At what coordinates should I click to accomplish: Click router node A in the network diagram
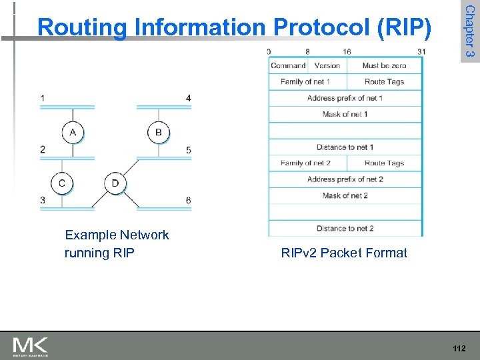point(73,133)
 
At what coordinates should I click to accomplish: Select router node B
point(158,133)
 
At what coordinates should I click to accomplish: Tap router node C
point(62,183)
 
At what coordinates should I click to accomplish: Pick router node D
point(115,183)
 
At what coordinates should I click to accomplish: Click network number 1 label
point(43,99)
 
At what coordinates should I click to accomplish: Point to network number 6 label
point(189,201)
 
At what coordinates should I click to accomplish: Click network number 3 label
point(43,200)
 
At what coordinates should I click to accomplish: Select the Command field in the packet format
point(288,65)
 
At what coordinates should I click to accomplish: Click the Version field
point(327,65)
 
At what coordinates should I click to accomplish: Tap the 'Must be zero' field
point(385,65)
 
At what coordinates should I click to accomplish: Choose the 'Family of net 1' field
point(305,81)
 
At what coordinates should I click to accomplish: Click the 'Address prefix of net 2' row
point(345,179)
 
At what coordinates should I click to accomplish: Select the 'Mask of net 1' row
point(345,114)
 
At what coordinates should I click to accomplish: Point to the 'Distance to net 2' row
point(345,228)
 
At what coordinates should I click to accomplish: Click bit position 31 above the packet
point(421,51)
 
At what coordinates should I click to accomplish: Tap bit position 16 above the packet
point(347,51)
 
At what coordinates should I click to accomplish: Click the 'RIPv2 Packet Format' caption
point(344,253)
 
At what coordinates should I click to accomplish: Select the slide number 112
point(458,348)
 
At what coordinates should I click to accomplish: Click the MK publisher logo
point(31,347)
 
